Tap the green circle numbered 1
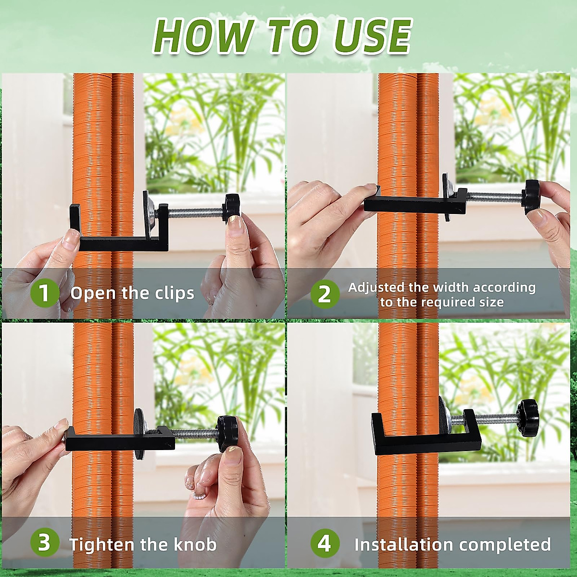[44, 293]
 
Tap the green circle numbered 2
[325, 293]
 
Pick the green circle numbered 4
[325, 543]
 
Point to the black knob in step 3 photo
[226, 433]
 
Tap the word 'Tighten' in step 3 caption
[102, 544]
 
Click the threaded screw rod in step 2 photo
[495, 197]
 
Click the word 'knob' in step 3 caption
[195, 544]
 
